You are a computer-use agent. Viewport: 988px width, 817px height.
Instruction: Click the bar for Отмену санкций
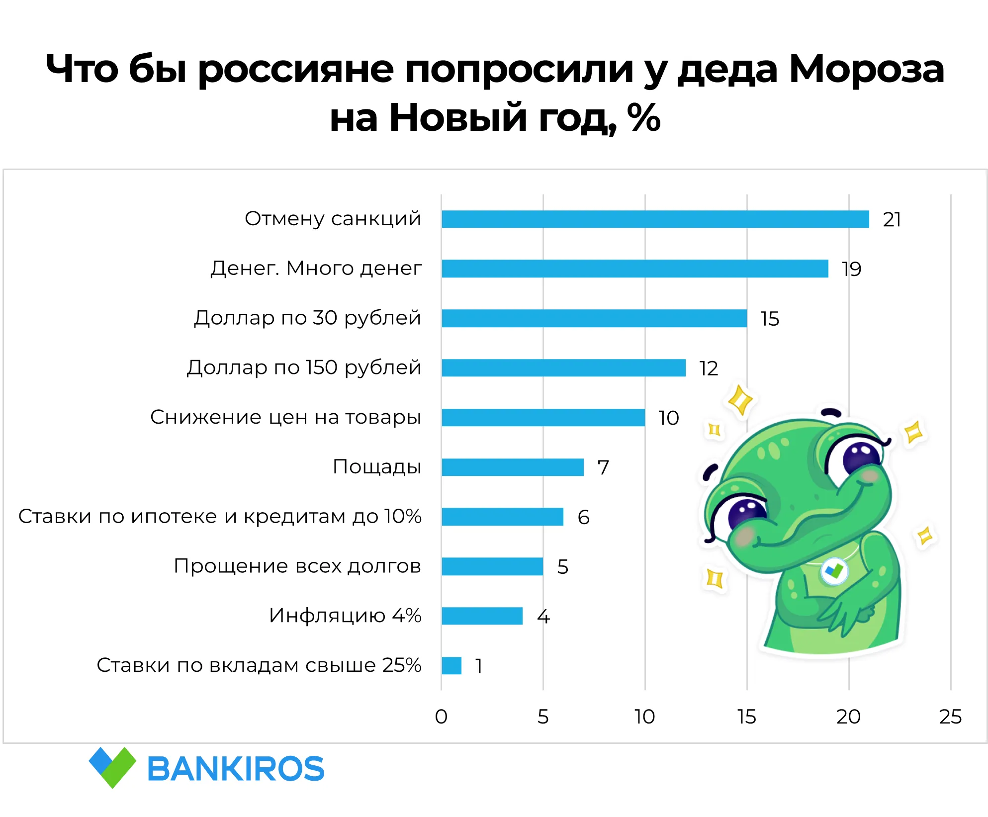(x=655, y=219)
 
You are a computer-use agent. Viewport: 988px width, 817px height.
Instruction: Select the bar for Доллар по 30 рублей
(x=594, y=318)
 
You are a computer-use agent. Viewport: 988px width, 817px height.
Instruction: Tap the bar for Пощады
(x=512, y=467)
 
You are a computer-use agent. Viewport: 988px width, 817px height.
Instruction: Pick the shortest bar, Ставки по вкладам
(x=451, y=666)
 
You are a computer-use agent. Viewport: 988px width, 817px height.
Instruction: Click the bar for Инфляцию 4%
(x=482, y=616)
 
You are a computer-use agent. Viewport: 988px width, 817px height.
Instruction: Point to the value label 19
(x=851, y=269)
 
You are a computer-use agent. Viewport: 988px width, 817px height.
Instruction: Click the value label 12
(x=709, y=368)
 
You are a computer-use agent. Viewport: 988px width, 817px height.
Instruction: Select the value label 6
(x=583, y=518)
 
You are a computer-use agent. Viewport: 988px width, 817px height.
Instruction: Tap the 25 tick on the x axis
(x=950, y=717)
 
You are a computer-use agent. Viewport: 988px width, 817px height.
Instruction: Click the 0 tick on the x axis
(x=441, y=717)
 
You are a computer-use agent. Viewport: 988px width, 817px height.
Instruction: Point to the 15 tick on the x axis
(x=746, y=717)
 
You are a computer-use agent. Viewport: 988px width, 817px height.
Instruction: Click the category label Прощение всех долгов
(x=297, y=566)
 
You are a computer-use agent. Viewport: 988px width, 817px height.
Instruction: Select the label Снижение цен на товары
(x=285, y=417)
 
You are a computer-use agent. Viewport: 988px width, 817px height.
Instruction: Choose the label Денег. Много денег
(x=316, y=269)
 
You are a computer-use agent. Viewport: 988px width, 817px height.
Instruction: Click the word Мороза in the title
(x=866, y=69)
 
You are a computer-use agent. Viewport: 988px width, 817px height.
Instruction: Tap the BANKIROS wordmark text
(x=236, y=769)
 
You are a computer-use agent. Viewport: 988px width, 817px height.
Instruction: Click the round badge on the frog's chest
(x=834, y=571)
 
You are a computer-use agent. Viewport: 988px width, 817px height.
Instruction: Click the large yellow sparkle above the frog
(x=740, y=400)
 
